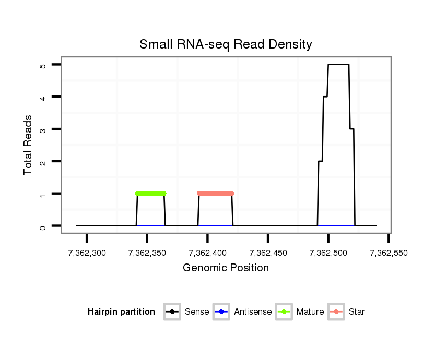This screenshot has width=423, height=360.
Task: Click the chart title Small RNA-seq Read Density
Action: (226, 44)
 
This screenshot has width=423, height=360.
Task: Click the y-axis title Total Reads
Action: (29, 145)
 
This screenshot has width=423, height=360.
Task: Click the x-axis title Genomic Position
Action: (226, 268)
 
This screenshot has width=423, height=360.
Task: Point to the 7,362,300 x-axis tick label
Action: (87, 254)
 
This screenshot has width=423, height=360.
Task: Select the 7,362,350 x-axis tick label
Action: (147, 254)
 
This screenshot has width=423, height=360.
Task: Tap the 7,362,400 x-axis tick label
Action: (207, 254)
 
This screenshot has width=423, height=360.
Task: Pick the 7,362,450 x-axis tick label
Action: (268, 254)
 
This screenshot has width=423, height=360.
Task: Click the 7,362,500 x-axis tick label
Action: (328, 254)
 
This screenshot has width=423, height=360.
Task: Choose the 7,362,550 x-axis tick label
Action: (389, 254)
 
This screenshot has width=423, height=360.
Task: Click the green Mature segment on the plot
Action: (150, 193)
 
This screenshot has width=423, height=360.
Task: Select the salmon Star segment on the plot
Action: (215, 193)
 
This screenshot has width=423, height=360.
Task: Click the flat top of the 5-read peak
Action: (338, 65)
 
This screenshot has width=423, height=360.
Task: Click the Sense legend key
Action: (172, 312)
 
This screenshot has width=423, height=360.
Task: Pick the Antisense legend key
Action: (221, 312)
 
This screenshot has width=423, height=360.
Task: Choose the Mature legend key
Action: (284, 312)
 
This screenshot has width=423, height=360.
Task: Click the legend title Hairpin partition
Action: (121, 312)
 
